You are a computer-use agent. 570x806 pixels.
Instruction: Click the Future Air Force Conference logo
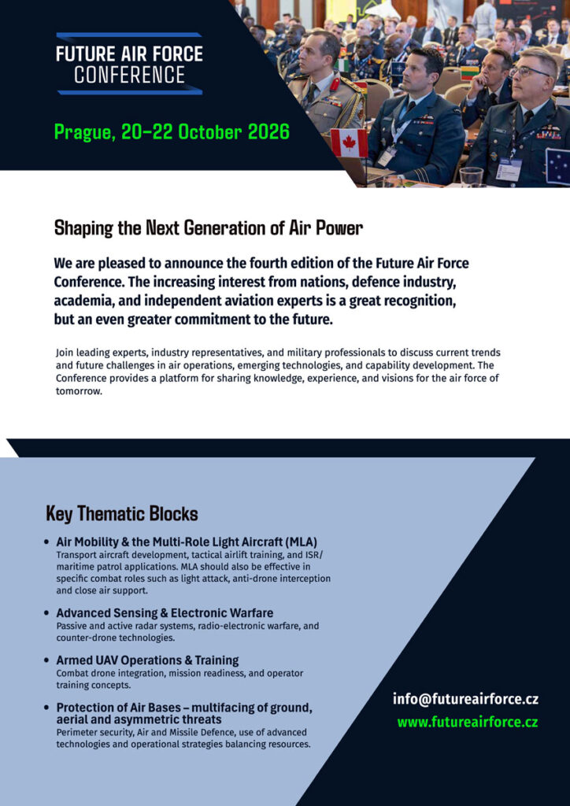[x=129, y=64]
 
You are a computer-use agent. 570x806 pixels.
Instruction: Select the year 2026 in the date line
[x=268, y=131]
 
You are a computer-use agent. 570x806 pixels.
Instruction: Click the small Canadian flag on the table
[x=349, y=143]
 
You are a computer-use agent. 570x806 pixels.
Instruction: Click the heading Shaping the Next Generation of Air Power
[x=209, y=228]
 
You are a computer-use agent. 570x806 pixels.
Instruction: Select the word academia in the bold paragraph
[x=86, y=301]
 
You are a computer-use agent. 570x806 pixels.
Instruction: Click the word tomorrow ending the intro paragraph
[x=79, y=391]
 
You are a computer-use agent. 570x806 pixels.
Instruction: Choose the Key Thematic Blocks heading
[x=122, y=514]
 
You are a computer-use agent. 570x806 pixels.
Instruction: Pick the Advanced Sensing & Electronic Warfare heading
[x=165, y=612]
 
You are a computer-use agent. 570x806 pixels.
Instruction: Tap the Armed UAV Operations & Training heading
[x=147, y=660]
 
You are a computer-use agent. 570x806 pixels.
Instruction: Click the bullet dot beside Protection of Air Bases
[x=48, y=708]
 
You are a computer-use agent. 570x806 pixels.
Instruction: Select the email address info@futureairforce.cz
[x=465, y=699]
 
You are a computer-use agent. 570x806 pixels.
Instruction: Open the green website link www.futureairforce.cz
[x=468, y=721]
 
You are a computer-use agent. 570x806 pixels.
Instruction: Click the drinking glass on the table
[x=470, y=176]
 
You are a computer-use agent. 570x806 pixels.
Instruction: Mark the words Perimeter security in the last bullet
[x=91, y=732]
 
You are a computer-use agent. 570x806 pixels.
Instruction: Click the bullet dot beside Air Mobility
[x=48, y=542]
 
